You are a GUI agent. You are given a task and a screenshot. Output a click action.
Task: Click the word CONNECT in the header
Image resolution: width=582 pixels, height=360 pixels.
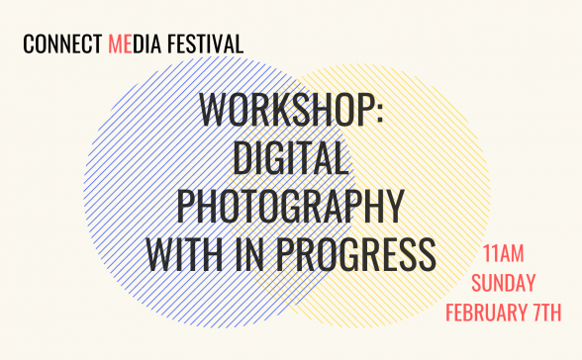click(x=61, y=45)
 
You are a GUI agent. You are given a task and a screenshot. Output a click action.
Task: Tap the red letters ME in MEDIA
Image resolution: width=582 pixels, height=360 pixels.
click(x=118, y=45)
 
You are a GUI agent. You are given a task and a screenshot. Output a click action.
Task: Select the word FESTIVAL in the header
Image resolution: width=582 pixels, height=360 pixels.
click(x=207, y=45)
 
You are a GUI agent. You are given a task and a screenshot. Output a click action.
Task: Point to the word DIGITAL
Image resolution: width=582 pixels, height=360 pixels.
click(x=291, y=158)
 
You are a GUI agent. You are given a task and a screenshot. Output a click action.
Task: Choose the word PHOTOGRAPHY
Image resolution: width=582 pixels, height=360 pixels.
click(x=291, y=206)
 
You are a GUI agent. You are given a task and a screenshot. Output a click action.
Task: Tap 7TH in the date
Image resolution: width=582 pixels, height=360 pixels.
click(x=545, y=314)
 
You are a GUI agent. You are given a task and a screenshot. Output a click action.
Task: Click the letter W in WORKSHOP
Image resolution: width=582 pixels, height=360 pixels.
click(x=214, y=111)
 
